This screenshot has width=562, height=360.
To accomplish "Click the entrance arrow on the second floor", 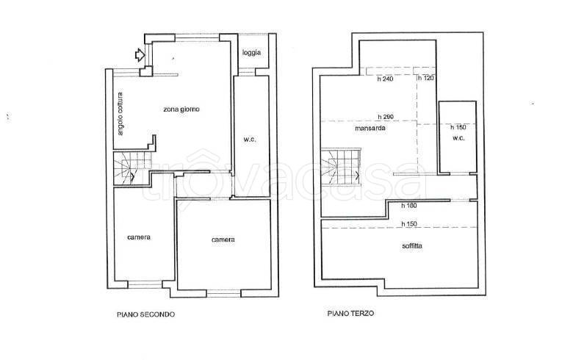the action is coord(140,55).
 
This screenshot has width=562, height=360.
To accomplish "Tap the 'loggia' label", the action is coord(251,53).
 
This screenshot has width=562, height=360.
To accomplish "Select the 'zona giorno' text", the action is coord(181,109).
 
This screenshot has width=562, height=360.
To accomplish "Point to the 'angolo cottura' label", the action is coord(120,114).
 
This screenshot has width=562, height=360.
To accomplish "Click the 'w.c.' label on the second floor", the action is coord(250,139).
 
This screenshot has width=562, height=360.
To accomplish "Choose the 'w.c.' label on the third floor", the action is coord(458,137).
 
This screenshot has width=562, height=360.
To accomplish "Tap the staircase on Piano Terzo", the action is coord(340,166).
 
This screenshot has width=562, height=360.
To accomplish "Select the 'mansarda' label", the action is coord(370,128).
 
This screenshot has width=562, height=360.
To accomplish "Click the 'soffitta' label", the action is coord(412,246).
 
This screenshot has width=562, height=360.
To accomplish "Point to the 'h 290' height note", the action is coord(386,117).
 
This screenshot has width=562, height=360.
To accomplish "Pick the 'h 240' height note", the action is coord(385,79).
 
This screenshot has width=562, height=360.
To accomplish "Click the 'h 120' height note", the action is coord(426,78).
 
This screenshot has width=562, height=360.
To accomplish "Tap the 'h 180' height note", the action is coord(409,206).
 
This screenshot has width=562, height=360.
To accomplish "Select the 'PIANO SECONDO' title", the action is coord(146,314).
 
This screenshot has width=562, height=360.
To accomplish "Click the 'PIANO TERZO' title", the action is coord(350,313).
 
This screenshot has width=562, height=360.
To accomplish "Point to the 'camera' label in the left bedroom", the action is coord(139,237).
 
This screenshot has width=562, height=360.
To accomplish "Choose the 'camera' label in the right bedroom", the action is coord(223,240).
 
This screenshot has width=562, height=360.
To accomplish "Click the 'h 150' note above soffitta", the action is coord(409,224).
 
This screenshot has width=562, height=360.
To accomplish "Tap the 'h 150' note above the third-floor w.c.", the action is coord(458,127).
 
